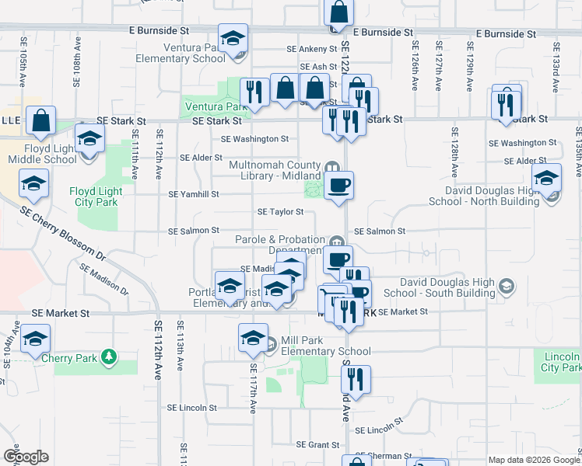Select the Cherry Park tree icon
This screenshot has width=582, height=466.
(110, 356)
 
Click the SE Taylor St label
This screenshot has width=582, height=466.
(280, 211)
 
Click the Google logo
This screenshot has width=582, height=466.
(26, 457)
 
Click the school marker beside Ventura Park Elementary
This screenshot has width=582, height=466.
(233, 39)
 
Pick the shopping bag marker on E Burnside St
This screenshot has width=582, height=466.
(338, 13)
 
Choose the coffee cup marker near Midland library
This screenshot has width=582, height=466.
(338, 186)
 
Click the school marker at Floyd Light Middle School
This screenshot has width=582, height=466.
(90, 141)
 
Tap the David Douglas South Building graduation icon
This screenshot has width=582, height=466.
(507, 287)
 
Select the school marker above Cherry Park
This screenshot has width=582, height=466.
(35, 339)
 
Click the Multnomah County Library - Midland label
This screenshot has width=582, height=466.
(275, 170)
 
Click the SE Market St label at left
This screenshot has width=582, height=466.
(61, 313)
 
